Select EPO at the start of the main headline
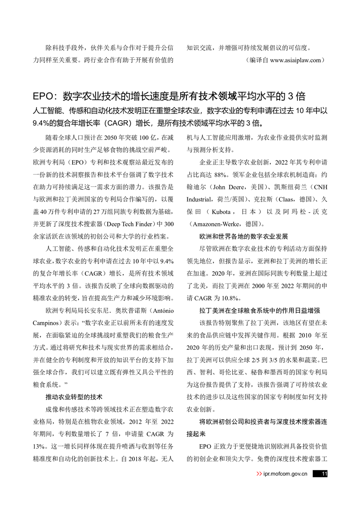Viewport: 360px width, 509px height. click(44, 96)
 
